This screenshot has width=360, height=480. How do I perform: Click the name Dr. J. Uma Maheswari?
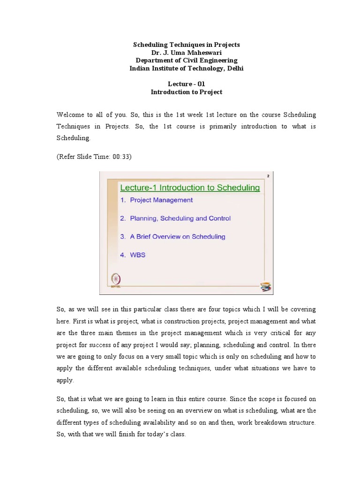[186, 52]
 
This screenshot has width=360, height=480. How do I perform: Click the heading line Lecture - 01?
[186, 84]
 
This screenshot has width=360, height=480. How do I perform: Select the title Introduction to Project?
[186, 92]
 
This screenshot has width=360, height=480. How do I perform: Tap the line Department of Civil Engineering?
[186, 60]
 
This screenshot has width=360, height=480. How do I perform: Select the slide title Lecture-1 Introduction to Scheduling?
[190, 188]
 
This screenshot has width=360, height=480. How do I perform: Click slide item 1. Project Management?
[156, 200]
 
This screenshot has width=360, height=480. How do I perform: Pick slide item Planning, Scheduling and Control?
[175, 218]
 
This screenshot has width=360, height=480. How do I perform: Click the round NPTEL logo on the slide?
[114, 278]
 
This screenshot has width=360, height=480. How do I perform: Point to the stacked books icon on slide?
[266, 286]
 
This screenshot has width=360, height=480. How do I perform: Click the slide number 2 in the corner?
[268, 176]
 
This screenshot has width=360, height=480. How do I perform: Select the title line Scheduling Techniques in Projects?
[186, 45]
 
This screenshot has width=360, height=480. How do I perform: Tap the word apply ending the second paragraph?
[65, 381]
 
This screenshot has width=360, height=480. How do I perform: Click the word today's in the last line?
[153, 435]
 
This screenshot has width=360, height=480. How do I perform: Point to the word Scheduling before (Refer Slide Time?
[72, 139]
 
